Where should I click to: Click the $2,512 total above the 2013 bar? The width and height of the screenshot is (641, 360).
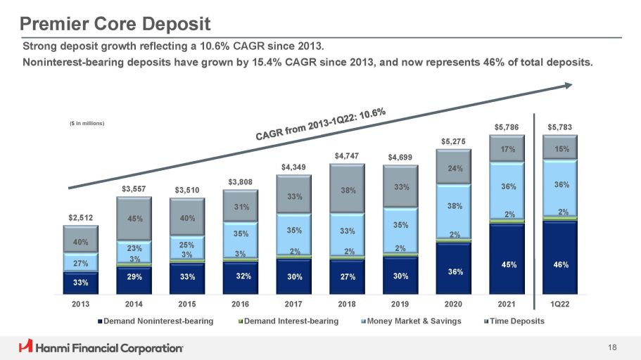pyautogui.click(x=80, y=218)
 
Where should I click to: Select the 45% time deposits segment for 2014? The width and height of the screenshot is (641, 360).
pyautogui.click(x=134, y=219)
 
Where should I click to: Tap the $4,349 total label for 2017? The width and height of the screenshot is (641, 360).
pyautogui.click(x=294, y=167)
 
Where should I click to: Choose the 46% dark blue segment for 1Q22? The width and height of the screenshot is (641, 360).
pyautogui.click(x=560, y=264)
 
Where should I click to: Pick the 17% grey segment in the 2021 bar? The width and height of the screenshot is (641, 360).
pyautogui.click(x=507, y=150)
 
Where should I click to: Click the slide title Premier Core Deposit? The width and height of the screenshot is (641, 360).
pyautogui.click(x=115, y=25)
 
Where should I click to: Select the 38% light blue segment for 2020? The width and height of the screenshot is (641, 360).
pyautogui.click(x=454, y=206)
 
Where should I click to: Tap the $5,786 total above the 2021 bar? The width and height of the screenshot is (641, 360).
pyautogui.click(x=507, y=127)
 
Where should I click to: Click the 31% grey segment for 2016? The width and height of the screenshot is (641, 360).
pyautogui.click(x=241, y=206)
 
